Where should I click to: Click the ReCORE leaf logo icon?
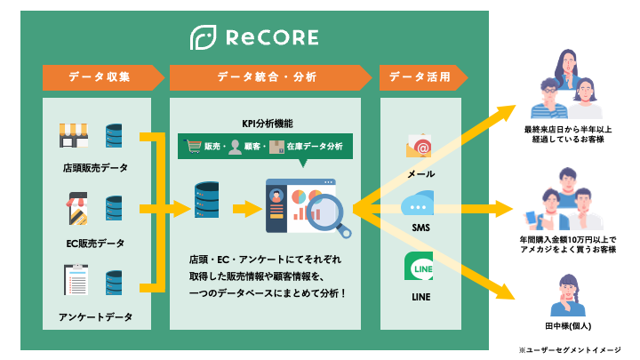[203, 37]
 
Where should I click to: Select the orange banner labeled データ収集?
[103, 77]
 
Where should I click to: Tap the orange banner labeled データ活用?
[423, 77]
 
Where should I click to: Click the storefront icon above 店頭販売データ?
[74, 135]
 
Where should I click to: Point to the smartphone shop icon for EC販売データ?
[77, 209]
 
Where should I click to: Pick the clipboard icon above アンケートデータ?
[76, 280]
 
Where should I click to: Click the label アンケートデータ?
[95, 316]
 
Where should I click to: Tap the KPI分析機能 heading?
[268, 124]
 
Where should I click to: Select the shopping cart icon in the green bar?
[192, 146]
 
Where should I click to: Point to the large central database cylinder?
[206, 200]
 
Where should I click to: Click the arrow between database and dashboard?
[247, 209]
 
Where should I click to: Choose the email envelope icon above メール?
[419, 146]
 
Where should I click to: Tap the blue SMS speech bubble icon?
[418, 203]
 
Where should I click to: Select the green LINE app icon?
[419, 266]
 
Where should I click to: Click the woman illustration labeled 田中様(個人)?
[568, 295]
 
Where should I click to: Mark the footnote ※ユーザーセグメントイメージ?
[570, 350]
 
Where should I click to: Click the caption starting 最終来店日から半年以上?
[568, 134]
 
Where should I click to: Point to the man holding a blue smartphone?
[547, 210]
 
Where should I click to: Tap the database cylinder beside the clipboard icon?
[114, 282]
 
